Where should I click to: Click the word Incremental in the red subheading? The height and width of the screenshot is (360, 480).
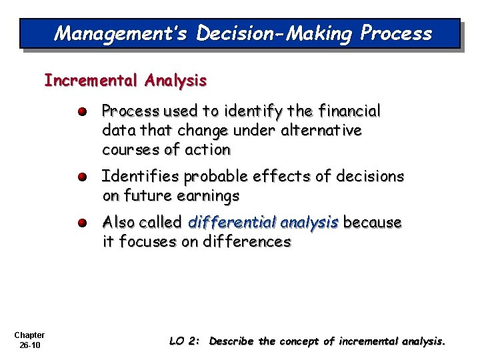pos(90,81)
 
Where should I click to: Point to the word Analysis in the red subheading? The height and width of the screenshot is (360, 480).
pos(174,81)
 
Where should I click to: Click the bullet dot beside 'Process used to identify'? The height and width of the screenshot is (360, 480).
pos(81,111)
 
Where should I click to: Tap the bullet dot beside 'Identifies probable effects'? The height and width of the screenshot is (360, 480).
pos(81,177)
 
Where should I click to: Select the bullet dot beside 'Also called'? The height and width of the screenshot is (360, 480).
pos(81,223)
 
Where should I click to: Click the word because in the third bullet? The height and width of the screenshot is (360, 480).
pos(373,222)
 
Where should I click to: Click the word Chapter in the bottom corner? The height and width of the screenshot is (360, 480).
pos(29,335)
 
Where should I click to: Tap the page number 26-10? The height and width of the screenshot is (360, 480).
pos(30,345)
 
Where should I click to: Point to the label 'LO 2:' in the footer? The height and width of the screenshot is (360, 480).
pos(184,341)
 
